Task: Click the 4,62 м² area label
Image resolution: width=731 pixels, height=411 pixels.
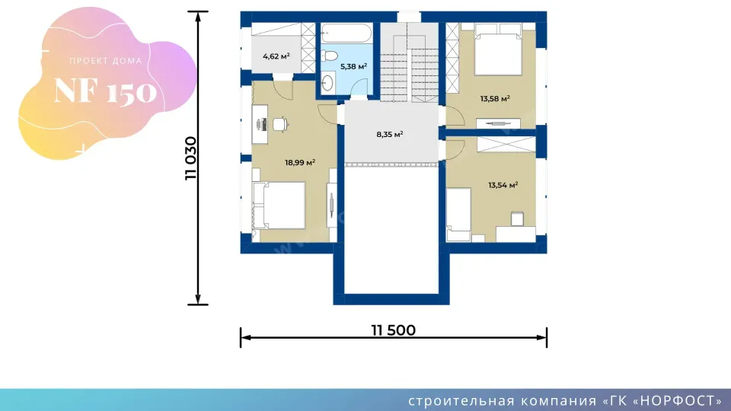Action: (x=276, y=56)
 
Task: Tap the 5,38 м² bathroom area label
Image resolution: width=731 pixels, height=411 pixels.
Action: (x=353, y=66)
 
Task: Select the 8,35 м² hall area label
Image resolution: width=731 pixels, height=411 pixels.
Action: (x=390, y=134)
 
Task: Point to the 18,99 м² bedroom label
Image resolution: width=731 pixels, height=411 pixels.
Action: (x=300, y=162)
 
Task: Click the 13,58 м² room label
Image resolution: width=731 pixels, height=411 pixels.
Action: (x=495, y=98)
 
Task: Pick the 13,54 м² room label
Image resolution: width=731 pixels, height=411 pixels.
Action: (x=503, y=185)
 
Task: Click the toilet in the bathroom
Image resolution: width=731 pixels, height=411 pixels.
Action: (x=329, y=56)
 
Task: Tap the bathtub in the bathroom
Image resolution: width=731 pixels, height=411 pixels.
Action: (x=346, y=33)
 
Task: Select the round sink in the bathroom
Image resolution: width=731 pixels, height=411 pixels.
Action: (x=327, y=82)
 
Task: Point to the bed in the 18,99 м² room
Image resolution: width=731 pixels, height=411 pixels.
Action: (x=279, y=205)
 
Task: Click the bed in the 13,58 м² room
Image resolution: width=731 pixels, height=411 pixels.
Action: (x=498, y=49)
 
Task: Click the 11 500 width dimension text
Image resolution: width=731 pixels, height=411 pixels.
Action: (x=394, y=330)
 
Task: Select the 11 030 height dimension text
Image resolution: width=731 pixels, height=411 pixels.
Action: (x=191, y=158)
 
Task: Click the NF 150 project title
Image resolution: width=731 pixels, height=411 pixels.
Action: (x=105, y=91)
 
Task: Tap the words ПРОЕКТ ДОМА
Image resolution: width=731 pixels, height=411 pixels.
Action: (x=105, y=61)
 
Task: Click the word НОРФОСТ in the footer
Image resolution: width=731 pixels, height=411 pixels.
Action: (x=678, y=401)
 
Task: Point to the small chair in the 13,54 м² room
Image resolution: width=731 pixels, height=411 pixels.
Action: (x=517, y=218)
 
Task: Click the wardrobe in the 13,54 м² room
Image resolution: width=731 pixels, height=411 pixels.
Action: (x=506, y=144)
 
